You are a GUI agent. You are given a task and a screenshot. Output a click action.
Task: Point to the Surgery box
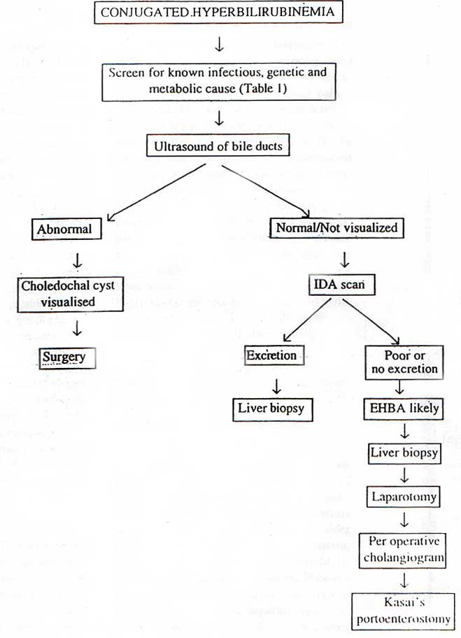pyautogui.click(x=63, y=357)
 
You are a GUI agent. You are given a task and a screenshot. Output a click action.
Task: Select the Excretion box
pyautogui.click(x=271, y=355)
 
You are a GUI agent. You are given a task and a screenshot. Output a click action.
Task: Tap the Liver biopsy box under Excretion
pyautogui.click(x=271, y=409)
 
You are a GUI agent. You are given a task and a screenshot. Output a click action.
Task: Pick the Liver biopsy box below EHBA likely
pyautogui.click(x=404, y=453)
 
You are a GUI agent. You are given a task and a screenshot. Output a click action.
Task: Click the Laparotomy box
pyautogui.click(x=404, y=497)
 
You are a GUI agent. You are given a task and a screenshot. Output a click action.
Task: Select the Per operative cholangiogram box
pyautogui.click(x=404, y=550)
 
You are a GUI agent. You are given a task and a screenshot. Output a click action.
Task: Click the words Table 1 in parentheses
pyautogui.click(x=283, y=90)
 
